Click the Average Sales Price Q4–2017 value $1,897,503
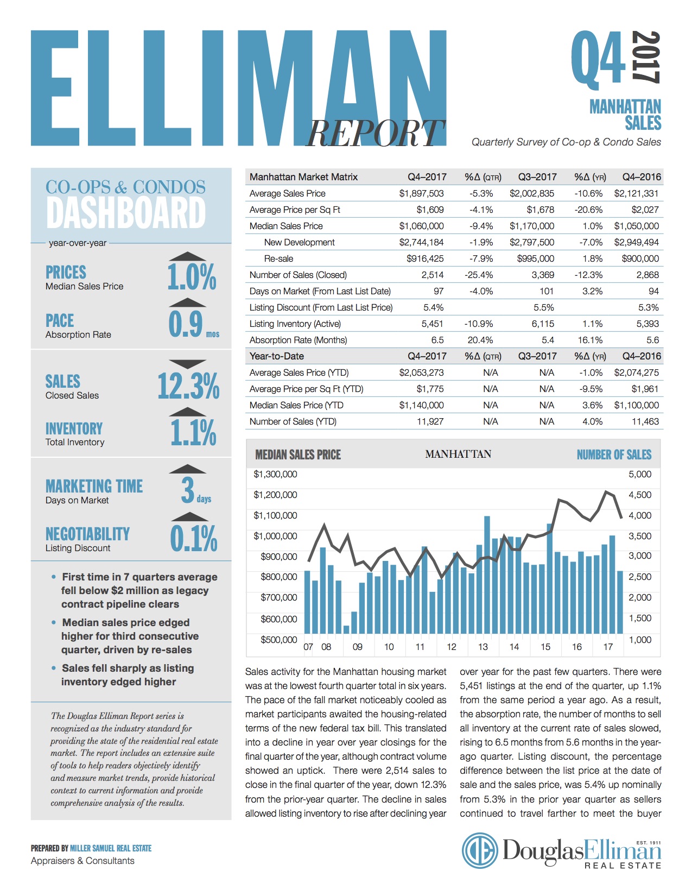421,193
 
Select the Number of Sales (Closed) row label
298,275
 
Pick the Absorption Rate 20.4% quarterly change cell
480,340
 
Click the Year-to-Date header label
277,356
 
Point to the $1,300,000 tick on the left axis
275,474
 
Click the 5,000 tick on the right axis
640,474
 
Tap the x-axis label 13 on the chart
483,647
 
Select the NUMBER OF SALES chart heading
614,455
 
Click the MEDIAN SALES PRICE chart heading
298,455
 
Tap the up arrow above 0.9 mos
188,302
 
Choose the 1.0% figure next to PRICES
192,277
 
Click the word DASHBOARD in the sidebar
126,213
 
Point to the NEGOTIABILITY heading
87,534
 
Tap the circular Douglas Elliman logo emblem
480,851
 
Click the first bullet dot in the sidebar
53,577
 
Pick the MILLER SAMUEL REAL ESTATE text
111,848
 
